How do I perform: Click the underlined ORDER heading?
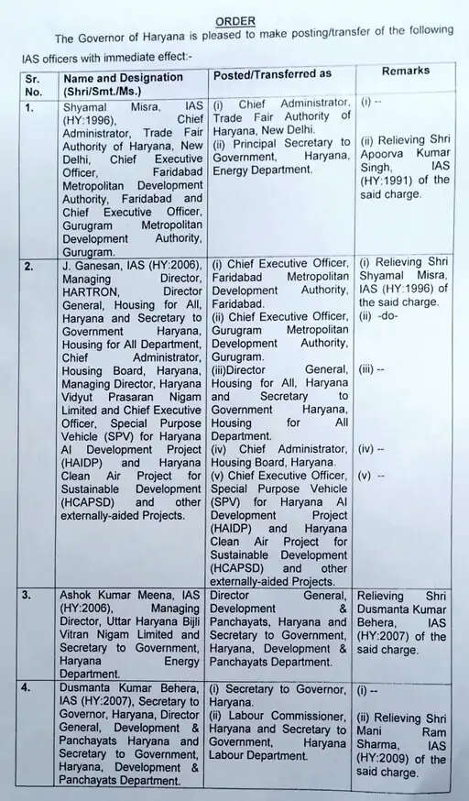(x=235, y=20)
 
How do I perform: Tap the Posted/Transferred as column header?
(x=272, y=73)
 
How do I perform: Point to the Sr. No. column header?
(x=34, y=85)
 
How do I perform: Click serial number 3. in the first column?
(x=30, y=594)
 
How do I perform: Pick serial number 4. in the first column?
(x=30, y=686)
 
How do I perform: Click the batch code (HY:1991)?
(x=389, y=181)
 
